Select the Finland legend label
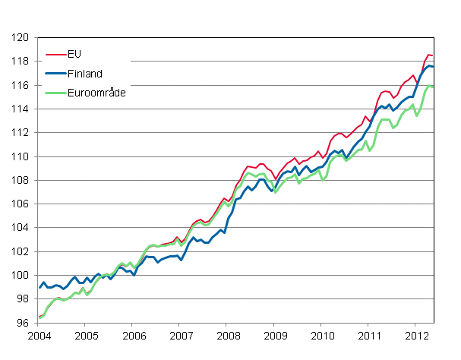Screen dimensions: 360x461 (x=84, y=73)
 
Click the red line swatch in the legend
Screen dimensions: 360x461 (x=55, y=54)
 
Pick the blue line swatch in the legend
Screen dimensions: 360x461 (x=55, y=73)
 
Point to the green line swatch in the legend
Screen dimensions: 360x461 (x=55, y=92)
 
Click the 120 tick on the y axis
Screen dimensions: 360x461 (x=21, y=38)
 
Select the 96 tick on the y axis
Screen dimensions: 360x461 (x=23, y=324)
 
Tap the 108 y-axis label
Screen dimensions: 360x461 (x=21, y=181)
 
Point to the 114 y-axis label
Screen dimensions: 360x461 (x=21, y=109)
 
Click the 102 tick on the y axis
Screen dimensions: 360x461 (x=21, y=252)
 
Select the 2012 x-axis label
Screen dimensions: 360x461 (x=417, y=336)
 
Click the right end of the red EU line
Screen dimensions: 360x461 (x=433, y=55)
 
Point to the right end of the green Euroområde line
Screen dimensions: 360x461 (x=433, y=86)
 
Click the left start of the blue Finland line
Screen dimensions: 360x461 (x=39, y=287)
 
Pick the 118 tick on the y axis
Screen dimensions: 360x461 (x=21, y=62)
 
